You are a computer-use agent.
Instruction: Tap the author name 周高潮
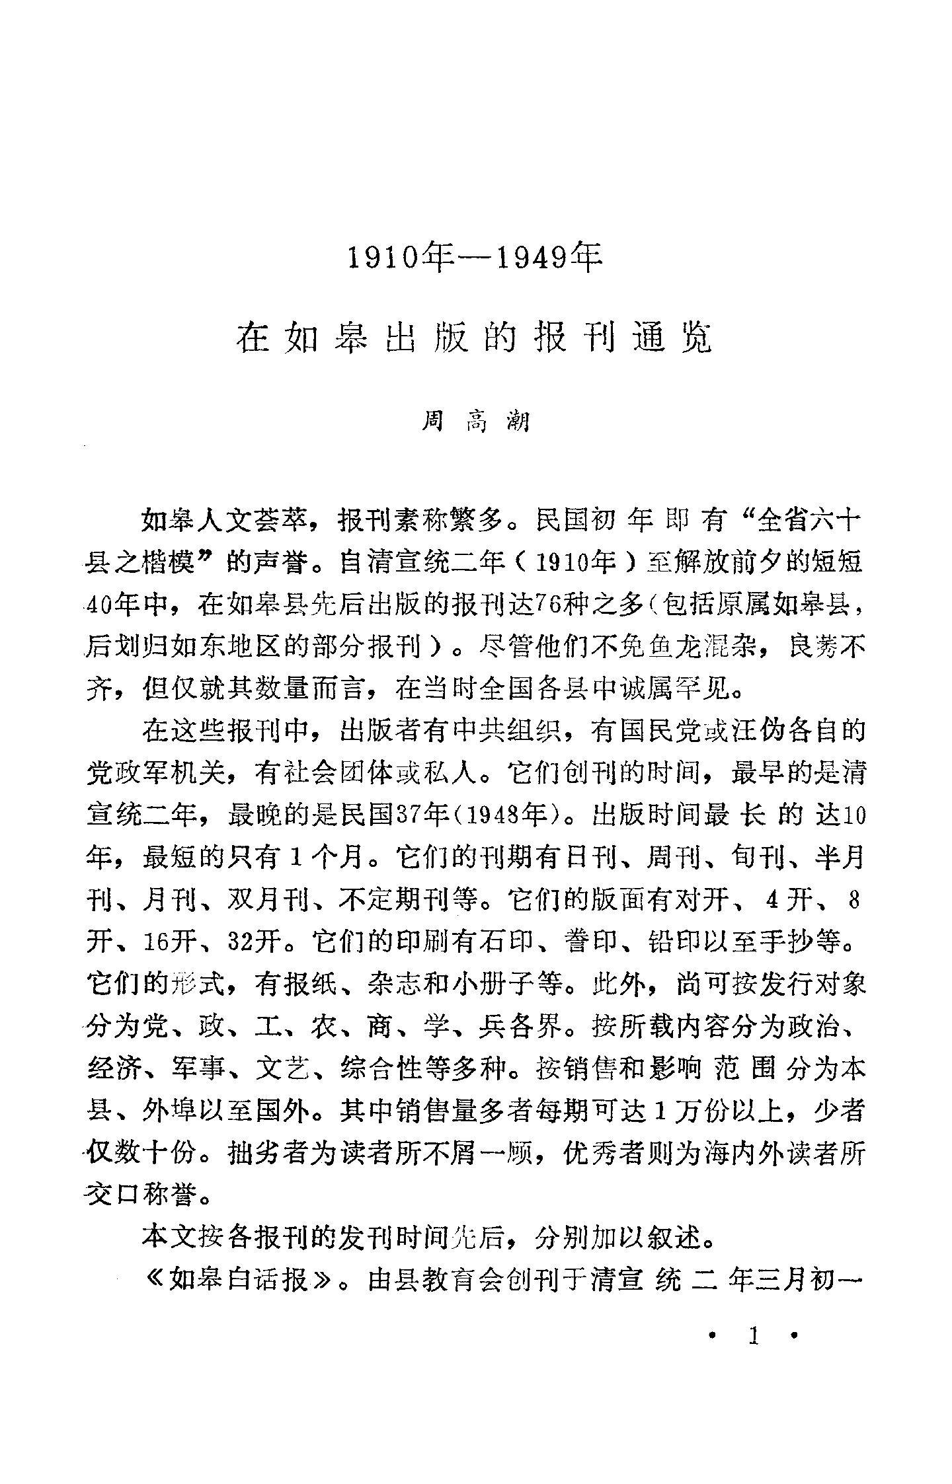point(475,421)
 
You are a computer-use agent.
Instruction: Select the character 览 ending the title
point(695,338)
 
